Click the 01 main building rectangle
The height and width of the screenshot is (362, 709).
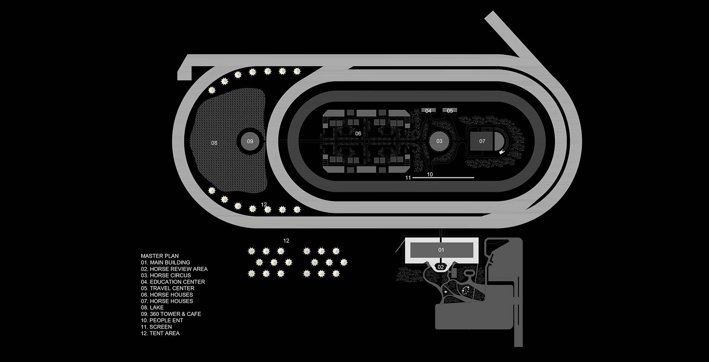441,250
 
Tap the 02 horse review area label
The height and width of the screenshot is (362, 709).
441,267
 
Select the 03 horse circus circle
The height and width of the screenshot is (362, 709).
439,141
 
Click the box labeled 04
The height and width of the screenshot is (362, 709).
428,111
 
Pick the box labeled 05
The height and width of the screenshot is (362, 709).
450,111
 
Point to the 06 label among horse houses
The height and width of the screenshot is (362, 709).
358,133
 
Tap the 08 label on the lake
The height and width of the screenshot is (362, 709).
214,143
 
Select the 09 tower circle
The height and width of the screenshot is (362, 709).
250,141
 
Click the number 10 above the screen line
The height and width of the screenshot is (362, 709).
430,174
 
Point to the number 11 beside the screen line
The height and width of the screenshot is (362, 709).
408,178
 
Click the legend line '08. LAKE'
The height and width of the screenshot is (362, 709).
152,307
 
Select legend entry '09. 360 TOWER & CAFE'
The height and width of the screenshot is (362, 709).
171,314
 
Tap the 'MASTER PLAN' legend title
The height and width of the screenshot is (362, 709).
160,256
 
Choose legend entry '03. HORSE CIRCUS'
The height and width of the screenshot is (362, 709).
166,275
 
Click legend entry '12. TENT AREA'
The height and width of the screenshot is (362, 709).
160,333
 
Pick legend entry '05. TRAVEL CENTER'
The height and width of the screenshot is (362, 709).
167,288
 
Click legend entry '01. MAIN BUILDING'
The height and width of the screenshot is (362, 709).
165,262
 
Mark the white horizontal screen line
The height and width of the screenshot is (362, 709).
443,178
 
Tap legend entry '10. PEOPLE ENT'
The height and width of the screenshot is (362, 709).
162,320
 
